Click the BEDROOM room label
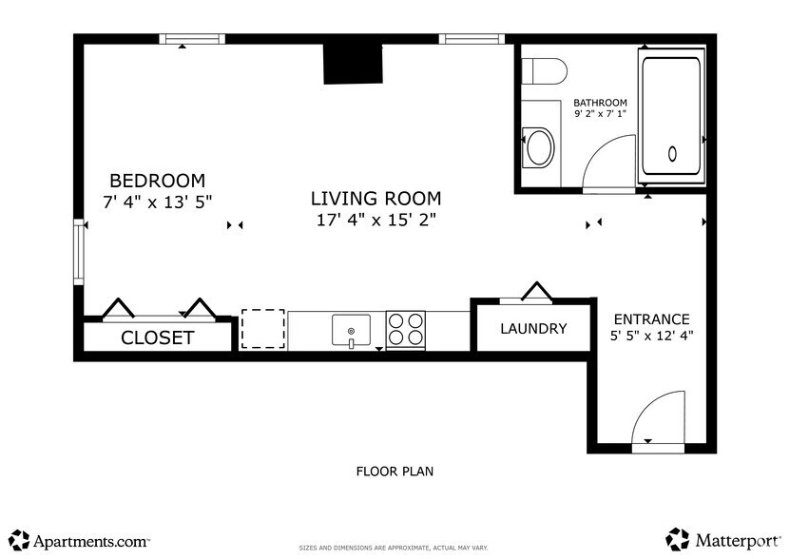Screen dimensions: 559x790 157,181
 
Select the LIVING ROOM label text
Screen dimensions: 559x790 376,199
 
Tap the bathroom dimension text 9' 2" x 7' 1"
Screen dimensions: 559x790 600,114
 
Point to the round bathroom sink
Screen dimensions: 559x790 539,147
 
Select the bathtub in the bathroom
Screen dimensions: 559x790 671,116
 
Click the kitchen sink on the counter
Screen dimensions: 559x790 351,331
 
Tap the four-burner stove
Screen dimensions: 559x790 406,330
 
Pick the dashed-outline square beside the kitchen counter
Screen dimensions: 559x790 263,330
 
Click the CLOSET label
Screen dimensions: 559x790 157,337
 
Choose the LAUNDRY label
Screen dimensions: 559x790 533,329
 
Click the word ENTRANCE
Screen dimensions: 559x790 651,319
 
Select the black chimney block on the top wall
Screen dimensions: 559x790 351,65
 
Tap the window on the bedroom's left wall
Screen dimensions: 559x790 80,252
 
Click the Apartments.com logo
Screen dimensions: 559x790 79,540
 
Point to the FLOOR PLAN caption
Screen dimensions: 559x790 395,471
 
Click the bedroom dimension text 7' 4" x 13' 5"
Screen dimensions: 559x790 157,202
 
